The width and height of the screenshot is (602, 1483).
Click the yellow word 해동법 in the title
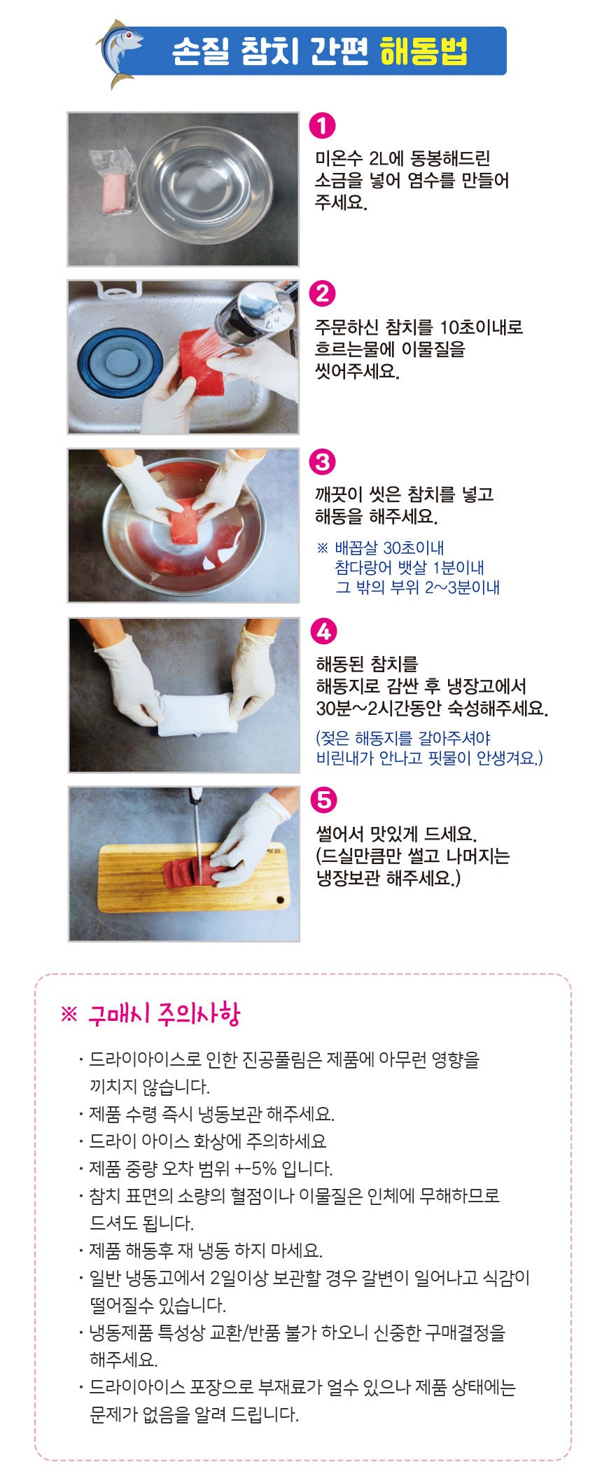pos(423,52)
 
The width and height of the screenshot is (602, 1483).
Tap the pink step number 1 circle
pos(322,125)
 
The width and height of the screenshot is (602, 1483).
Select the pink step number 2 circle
pos(322,293)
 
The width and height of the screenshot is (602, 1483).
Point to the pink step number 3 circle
pos(322,461)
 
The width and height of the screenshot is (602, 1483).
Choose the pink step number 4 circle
pos(323,631)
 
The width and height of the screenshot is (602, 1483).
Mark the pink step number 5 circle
pos(323,800)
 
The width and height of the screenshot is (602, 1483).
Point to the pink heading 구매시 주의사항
pos(164,1014)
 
